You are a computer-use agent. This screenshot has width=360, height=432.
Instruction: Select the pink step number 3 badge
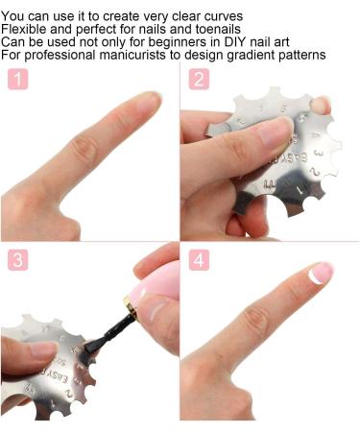[18, 259]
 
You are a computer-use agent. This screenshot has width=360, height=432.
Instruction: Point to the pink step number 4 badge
[199, 259]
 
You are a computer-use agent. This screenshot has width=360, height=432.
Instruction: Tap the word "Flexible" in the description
[27, 29]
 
